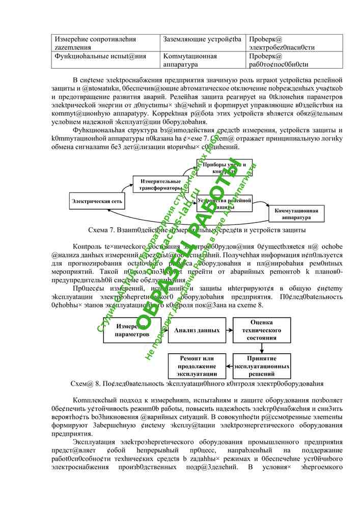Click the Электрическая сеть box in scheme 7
97,201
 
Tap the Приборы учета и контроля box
224,167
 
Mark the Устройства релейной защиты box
225,203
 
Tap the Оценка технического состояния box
262,330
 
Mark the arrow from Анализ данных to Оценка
229,330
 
